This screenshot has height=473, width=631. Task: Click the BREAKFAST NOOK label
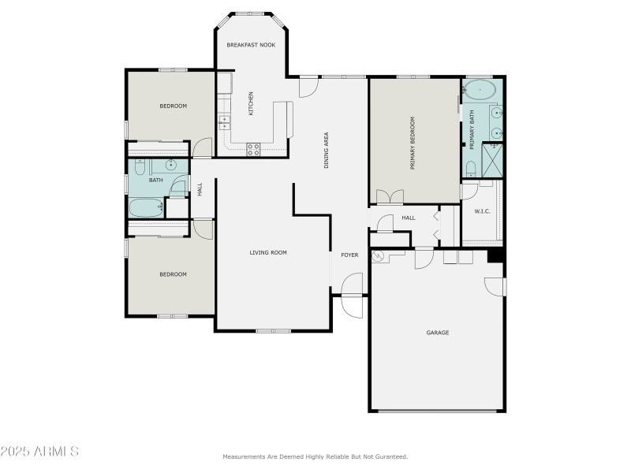tap(250, 45)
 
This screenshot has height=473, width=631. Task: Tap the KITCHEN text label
tap(252, 103)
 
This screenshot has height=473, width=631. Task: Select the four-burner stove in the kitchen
tap(254, 147)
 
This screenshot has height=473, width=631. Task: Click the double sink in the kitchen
tap(224, 122)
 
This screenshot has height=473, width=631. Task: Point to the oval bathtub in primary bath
tap(480, 91)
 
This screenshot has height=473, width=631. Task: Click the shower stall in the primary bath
tap(493, 160)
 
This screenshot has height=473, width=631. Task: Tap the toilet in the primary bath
tap(470, 168)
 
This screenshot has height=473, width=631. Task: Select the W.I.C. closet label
tap(483, 210)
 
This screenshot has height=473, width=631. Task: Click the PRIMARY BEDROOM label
tap(412, 144)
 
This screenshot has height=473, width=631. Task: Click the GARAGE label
tap(438, 333)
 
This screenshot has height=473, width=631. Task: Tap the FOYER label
tap(349, 255)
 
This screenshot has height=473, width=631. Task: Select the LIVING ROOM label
tap(268, 253)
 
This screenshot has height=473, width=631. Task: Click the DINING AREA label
tap(327, 150)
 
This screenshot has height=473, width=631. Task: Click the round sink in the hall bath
tap(170, 166)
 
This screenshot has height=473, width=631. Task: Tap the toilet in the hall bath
tap(139, 166)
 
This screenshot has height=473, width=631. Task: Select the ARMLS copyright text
tap(39, 452)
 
